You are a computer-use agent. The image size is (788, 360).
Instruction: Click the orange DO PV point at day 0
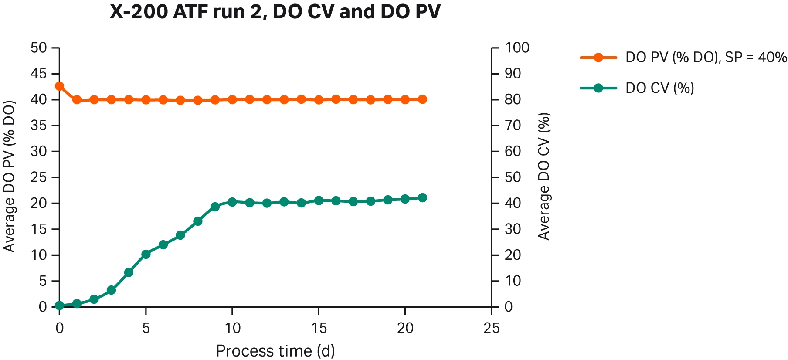59,86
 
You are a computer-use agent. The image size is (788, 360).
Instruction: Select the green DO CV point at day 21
422,198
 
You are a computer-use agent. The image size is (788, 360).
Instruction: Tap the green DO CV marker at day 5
146,254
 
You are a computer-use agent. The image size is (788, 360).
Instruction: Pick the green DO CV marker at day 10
232,202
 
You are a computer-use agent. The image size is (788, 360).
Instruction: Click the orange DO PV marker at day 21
422,99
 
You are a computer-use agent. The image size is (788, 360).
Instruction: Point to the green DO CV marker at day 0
59,306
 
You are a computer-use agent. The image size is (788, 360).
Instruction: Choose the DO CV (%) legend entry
659,88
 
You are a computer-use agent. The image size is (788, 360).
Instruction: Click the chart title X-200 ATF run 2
275,12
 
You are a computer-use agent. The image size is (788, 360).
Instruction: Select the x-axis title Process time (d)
275,351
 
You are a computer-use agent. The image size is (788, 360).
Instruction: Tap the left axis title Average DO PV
10,177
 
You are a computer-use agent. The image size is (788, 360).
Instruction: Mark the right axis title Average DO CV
543,177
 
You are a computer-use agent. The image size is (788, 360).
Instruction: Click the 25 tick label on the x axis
492,328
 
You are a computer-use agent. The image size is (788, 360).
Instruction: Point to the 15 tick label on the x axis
319,328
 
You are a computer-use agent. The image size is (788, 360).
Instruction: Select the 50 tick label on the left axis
38,48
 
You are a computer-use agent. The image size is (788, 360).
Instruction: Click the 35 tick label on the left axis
38,126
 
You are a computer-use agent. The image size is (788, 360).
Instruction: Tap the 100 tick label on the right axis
517,48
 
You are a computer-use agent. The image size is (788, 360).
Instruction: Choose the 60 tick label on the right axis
513,151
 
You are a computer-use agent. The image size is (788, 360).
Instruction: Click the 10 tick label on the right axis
513,281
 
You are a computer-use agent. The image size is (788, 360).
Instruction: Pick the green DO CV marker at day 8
198,221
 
